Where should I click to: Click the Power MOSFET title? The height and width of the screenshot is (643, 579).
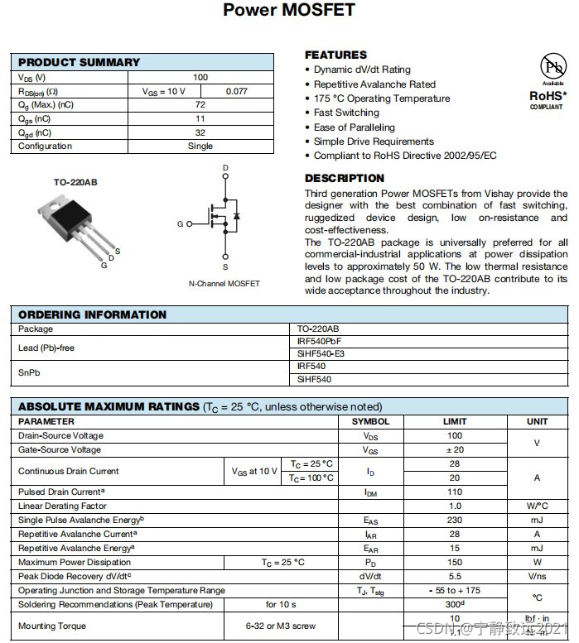coord(289,11)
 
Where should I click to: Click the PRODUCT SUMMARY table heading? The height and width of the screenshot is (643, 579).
coord(80,62)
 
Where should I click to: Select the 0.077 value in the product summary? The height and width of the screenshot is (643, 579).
coord(237,91)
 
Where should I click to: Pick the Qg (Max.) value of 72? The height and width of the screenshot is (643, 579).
coord(200,105)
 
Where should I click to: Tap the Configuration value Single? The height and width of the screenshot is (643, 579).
coord(200,146)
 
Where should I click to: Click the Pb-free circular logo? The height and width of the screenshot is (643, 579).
coord(551,67)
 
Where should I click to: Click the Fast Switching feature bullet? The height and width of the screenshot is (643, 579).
coord(346,113)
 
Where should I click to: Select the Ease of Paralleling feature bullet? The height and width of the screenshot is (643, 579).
coord(354,127)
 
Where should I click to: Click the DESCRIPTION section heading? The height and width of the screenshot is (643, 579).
coord(345,178)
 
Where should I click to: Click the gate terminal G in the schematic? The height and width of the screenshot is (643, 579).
coord(180,224)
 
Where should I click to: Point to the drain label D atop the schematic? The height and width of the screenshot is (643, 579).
coord(225,168)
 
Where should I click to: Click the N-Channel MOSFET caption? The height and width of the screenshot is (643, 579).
coord(224,284)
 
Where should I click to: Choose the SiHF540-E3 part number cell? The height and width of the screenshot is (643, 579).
coord(321,353)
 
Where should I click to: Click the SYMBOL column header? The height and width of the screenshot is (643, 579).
coord(370,421)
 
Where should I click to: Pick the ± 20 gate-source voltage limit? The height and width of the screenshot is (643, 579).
coord(455,449)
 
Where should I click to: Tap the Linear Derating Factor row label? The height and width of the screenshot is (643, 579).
coord(62,506)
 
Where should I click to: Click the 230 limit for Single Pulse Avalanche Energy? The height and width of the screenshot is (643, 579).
coord(455,520)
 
